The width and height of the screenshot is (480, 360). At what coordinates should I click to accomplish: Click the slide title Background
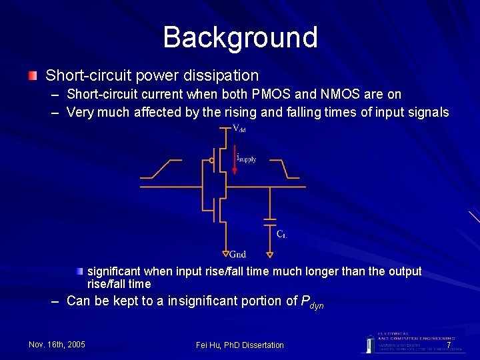click(240, 37)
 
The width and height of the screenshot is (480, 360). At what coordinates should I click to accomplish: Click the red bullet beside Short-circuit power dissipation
click(33, 76)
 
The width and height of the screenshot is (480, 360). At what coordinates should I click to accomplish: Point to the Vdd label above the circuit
click(238, 128)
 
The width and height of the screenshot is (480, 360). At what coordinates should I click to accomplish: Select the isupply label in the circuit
click(247, 159)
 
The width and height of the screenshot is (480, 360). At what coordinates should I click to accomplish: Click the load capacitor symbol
click(269, 221)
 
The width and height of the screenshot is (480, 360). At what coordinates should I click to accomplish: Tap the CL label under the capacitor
click(282, 233)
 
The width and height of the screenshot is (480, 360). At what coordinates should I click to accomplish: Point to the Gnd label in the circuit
click(237, 254)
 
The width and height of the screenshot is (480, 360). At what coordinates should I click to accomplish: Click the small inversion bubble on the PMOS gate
click(211, 160)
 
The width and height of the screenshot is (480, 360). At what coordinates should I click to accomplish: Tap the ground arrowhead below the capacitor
click(269, 254)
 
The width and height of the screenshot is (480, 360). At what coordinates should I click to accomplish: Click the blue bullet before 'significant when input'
click(80, 271)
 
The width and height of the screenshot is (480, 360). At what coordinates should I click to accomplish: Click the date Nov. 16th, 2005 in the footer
click(57, 345)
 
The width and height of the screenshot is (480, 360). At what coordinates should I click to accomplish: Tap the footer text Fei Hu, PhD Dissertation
click(240, 345)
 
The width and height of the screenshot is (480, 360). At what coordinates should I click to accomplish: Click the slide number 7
click(449, 345)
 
